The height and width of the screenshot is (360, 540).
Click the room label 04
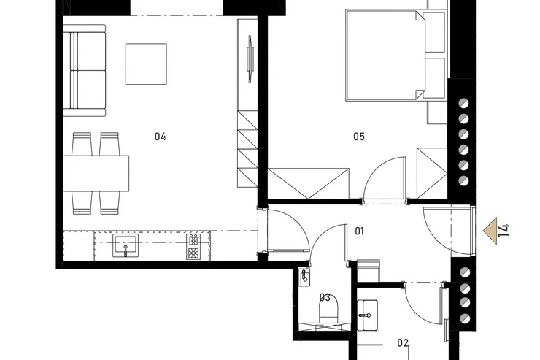click(x=160, y=137)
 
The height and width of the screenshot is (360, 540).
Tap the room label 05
click(x=359, y=137)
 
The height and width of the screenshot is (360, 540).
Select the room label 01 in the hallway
click(x=360, y=231)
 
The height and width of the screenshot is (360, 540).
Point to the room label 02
click(x=403, y=342)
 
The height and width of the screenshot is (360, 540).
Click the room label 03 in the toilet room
click(x=325, y=297)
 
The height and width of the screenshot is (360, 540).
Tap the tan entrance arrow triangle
click(x=491, y=231)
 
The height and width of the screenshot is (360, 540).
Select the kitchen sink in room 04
click(x=126, y=245)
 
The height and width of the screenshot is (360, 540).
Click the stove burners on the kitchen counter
click(x=193, y=247)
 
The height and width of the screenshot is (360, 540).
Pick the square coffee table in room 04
click(x=146, y=64)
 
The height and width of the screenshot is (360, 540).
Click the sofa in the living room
click(x=85, y=71)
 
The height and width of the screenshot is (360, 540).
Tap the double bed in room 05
click(x=386, y=55)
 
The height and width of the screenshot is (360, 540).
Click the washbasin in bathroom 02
click(x=368, y=315)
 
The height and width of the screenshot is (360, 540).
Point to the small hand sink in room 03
click(x=304, y=278)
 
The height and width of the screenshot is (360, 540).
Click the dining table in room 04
click(x=96, y=174)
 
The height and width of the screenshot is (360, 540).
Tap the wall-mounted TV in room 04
click(x=250, y=59)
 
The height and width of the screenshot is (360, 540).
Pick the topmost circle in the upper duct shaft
click(x=464, y=103)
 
